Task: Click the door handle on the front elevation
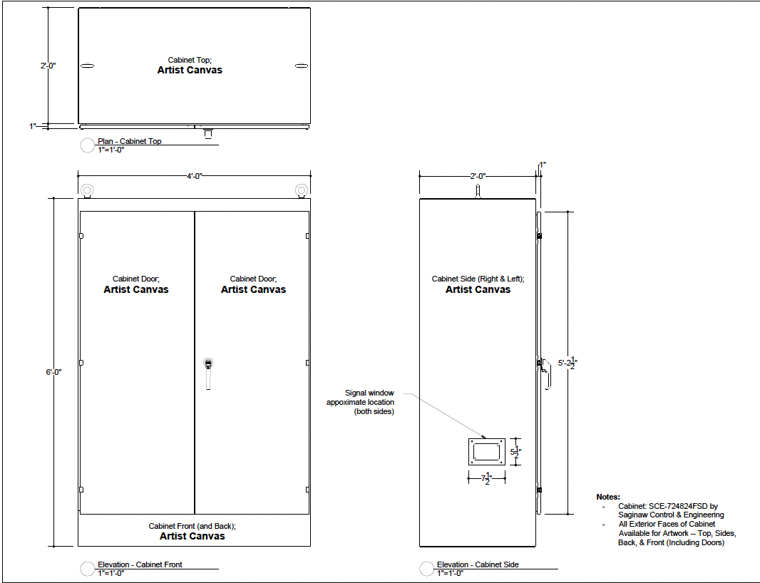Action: [x=208, y=373]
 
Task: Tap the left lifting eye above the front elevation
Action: [x=87, y=190]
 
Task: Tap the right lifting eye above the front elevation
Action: [x=302, y=190]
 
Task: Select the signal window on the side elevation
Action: [x=487, y=452]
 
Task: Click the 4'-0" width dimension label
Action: [x=195, y=176]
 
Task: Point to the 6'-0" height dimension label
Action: [x=53, y=372]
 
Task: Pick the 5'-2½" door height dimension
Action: [x=568, y=363]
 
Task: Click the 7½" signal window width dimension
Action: [x=487, y=479]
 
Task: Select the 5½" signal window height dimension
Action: [x=515, y=452]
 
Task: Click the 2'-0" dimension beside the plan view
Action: [x=48, y=66]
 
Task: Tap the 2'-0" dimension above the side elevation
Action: [x=478, y=176]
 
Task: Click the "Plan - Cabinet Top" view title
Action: [x=130, y=141]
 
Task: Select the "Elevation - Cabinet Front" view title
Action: [x=140, y=564]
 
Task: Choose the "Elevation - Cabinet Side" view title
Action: [x=478, y=564]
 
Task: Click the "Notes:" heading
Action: [x=608, y=497]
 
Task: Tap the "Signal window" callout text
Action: [x=369, y=393]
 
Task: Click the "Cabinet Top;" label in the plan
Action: [x=190, y=60]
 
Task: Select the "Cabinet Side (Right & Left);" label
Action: [x=478, y=279]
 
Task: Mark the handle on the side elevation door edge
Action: [x=545, y=373]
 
